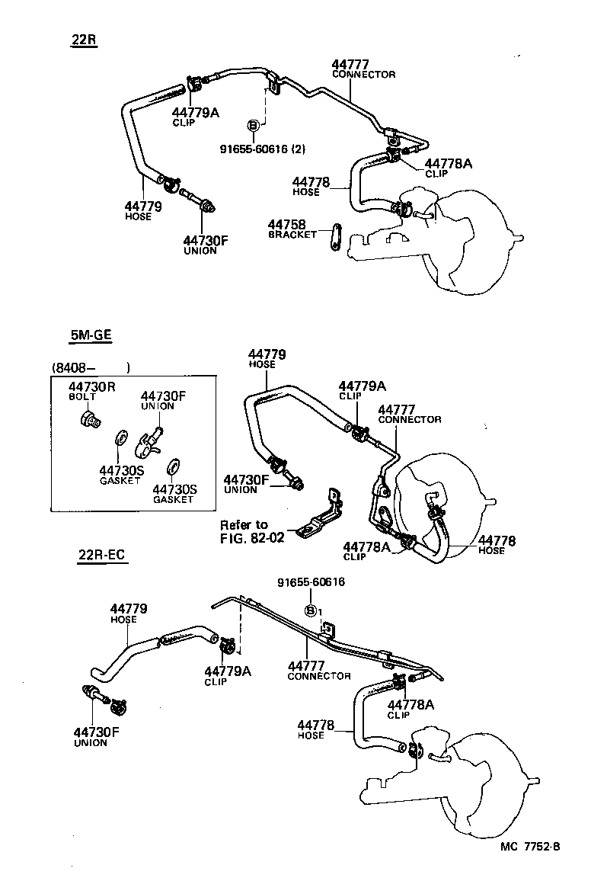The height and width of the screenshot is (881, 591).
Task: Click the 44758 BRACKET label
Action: click(x=292, y=229)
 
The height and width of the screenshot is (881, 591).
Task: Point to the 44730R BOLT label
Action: click(x=91, y=391)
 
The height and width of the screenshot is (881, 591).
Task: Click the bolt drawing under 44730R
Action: click(x=90, y=418)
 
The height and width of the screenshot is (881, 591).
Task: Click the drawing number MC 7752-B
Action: click(x=530, y=867)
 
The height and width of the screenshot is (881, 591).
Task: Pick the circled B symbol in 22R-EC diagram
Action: click(x=311, y=610)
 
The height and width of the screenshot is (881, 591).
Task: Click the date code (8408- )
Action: click(x=91, y=368)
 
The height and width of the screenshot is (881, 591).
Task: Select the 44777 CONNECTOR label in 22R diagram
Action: click(x=363, y=69)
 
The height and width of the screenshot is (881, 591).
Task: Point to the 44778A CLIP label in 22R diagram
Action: click(x=448, y=168)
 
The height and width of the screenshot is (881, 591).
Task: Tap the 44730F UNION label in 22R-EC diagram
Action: click(x=97, y=737)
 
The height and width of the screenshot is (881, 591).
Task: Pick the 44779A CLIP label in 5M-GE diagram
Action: click(x=362, y=390)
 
